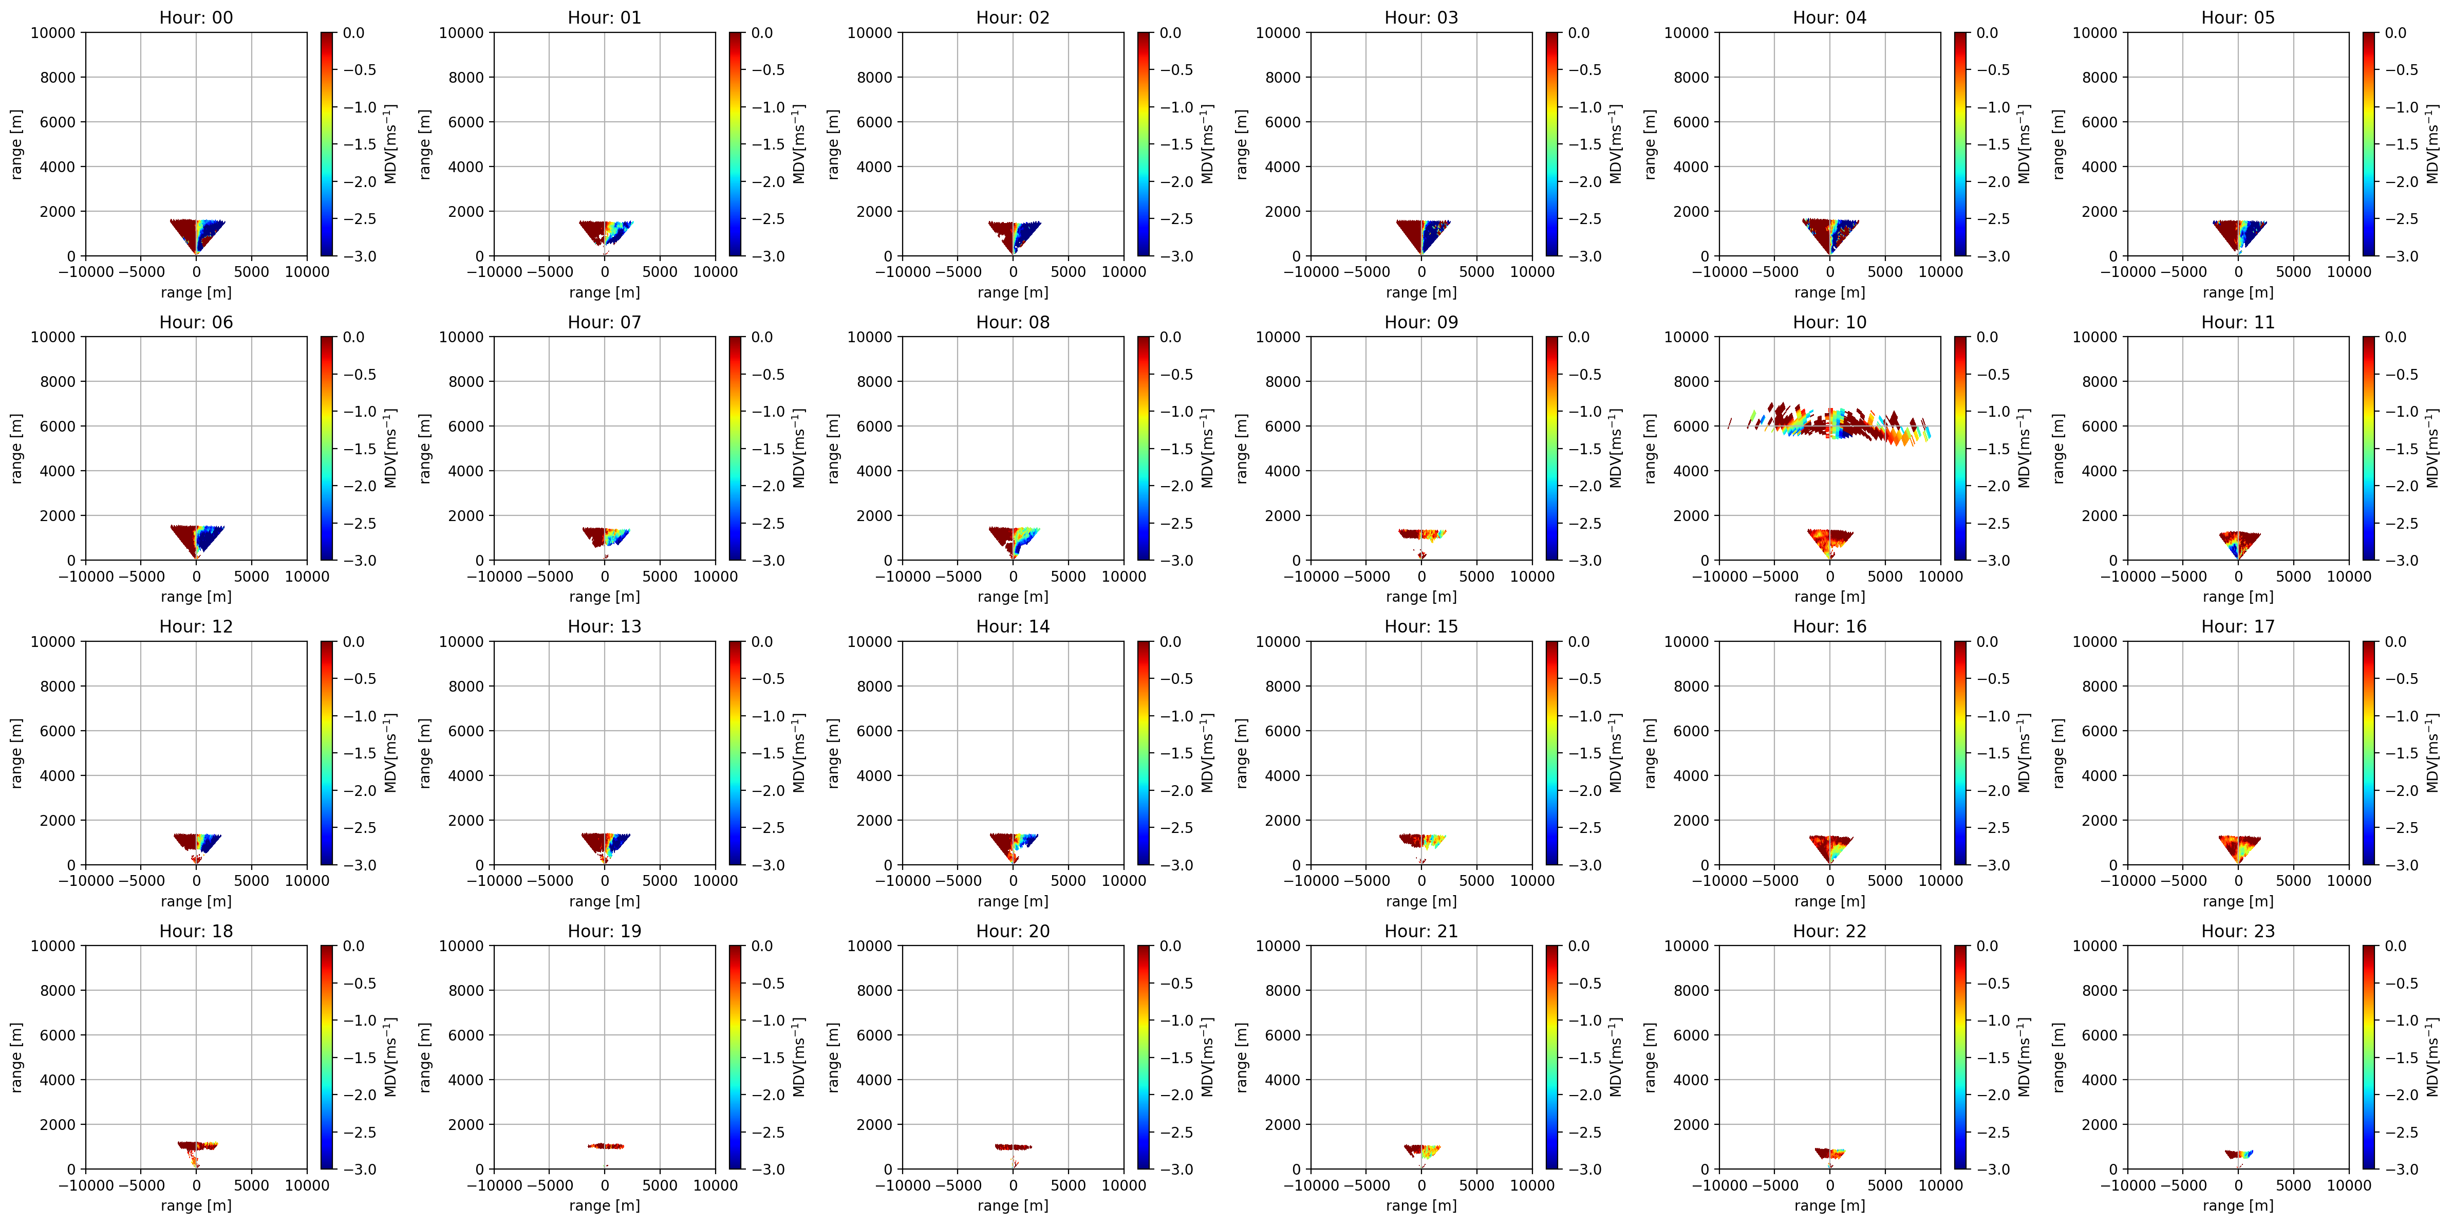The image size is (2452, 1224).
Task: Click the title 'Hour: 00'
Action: [196, 17]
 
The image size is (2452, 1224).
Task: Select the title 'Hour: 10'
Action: [1829, 322]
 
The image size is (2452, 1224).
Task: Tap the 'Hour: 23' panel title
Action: [2238, 931]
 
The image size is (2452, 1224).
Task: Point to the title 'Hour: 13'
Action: [605, 626]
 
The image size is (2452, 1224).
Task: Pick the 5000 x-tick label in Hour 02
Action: [1068, 271]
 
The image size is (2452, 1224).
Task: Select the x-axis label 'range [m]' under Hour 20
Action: [1013, 1205]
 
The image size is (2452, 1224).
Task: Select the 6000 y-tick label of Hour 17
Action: [2099, 731]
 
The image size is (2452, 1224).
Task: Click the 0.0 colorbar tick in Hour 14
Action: [1170, 641]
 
